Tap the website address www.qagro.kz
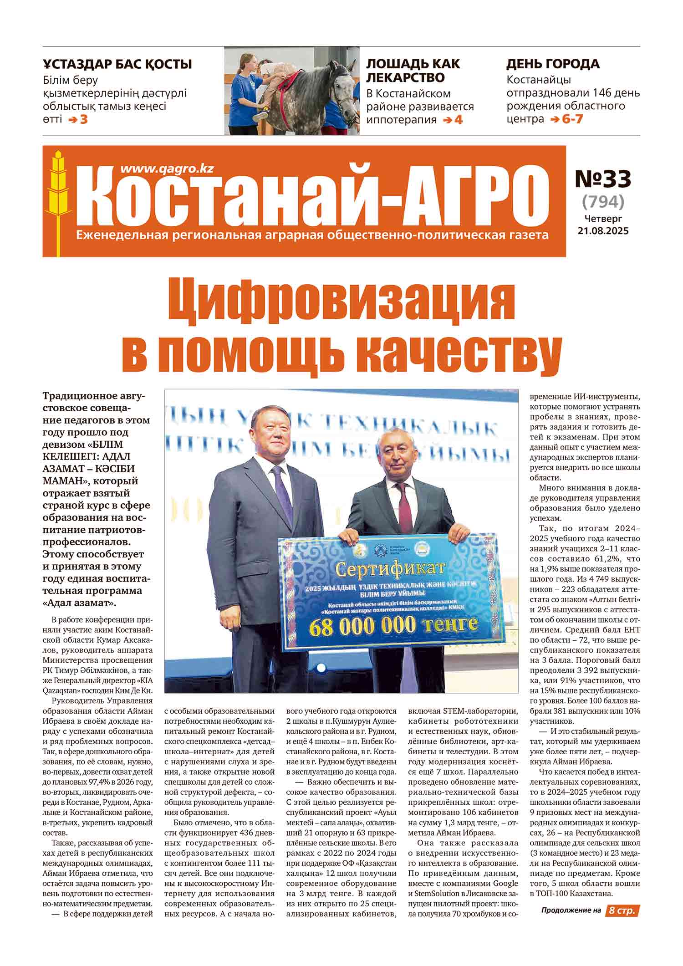coord(167,169)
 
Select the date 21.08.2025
coord(603,231)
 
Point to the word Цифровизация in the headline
coord(341,301)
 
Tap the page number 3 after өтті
coord(83,120)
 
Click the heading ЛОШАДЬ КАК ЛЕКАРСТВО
coord(413,71)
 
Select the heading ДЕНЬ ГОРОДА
coord(553,64)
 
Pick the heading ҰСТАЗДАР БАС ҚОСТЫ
coord(117,64)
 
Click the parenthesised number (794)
coord(603,200)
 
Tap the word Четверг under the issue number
coord(603,219)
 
